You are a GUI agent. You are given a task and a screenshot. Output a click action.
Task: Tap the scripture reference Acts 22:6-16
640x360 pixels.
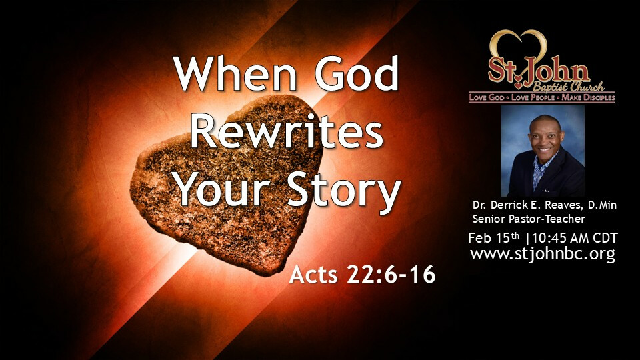pos(362,274)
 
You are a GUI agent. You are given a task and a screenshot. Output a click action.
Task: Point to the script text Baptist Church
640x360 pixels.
pos(569,87)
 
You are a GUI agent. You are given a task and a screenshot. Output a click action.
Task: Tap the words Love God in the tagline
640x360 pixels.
pos(487,97)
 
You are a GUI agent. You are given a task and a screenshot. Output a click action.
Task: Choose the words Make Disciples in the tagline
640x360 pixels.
pos(588,97)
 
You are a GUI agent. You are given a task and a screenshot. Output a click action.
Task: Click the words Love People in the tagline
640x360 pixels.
pos(533,97)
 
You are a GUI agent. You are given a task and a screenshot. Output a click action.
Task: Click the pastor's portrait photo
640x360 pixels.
pos(543,151)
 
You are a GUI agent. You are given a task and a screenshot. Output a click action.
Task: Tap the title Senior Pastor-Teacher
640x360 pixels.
pos(529,219)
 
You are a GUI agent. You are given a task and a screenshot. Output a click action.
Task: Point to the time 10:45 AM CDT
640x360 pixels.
pos(575,238)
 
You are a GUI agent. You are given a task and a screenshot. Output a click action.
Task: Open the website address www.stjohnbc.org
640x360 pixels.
pos(543,254)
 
